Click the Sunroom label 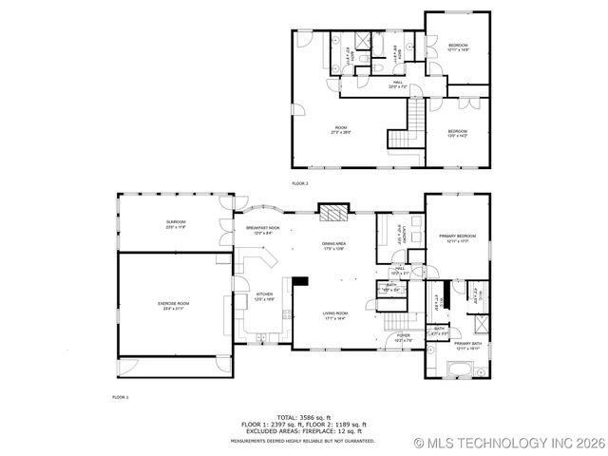tap(177, 224)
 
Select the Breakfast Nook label tap(262, 231)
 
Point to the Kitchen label tap(265, 296)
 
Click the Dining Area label tap(332, 247)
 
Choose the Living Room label tap(334, 315)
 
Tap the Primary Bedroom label tap(457, 237)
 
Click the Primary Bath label tap(465, 345)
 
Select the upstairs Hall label tap(396, 85)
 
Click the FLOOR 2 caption tap(300, 182)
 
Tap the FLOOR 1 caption tap(120, 396)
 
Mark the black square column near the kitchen tap(300, 281)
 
